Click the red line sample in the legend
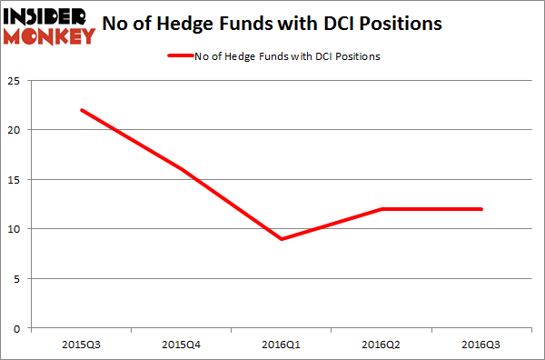pyautogui.click(x=179, y=56)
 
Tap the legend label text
pyautogui.click(x=286, y=56)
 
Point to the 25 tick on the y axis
pyautogui.click(x=15, y=81)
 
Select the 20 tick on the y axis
pyautogui.click(x=15, y=130)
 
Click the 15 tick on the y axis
pyautogui.click(x=15, y=179)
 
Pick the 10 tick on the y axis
pyautogui.click(x=15, y=229)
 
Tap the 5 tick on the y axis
pyautogui.click(x=18, y=278)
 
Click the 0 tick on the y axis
pyautogui.click(x=18, y=327)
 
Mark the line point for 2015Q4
pyautogui.click(x=183, y=169)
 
